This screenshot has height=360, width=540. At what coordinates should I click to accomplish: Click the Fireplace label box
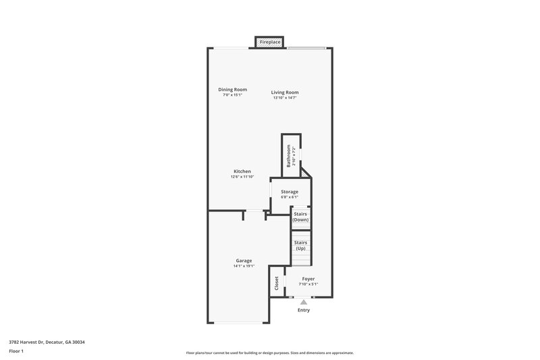270,42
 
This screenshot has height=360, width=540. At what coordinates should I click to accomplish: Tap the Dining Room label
232,90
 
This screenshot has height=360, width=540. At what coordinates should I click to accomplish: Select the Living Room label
285,93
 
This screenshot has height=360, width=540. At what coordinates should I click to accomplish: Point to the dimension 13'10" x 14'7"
285,98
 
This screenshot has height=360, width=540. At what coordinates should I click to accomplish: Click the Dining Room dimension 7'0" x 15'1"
232,95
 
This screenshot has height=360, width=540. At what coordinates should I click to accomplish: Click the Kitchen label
242,172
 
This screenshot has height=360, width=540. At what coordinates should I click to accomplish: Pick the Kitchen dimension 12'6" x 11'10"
242,177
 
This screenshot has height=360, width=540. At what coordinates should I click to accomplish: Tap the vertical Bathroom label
289,156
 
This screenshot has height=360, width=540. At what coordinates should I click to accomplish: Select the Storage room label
290,192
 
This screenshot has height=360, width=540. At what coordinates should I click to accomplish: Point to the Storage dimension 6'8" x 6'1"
290,197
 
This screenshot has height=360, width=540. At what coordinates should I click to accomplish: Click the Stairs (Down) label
301,217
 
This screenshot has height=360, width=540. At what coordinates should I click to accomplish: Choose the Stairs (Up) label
301,245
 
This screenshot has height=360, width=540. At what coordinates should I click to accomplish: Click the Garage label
244,261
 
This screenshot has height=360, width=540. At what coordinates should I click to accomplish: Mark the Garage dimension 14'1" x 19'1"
244,266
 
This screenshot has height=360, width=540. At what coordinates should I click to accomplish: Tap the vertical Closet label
277,284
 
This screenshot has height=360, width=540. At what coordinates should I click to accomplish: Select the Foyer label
308,279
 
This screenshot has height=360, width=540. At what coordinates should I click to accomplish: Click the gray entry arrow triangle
304,303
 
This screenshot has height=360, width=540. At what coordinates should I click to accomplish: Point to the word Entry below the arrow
304,311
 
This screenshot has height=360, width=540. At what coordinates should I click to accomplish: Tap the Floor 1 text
16,351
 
